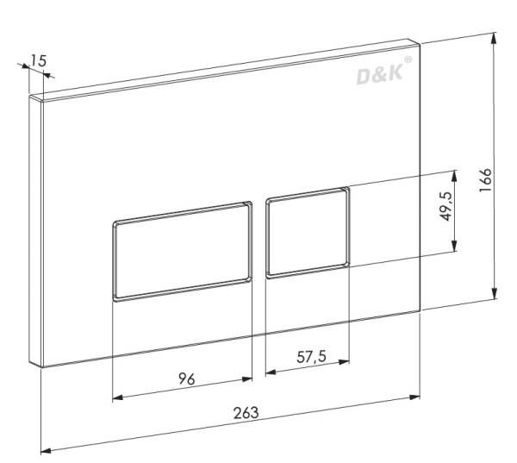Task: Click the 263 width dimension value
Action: [x=246, y=412]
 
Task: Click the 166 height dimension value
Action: [x=485, y=180]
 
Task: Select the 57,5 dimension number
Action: [x=311, y=357]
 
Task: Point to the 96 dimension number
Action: [x=187, y=379]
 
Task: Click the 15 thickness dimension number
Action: [x=39, y=60]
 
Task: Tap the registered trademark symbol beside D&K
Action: [x=408, y=59]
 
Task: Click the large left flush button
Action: [x=183, y=252]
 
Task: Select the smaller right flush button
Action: [x=308, y=233]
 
